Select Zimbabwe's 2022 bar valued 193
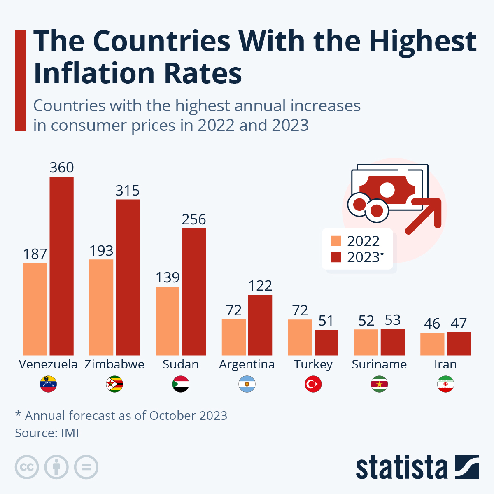(x=101, y=307)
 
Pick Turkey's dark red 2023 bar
(x=326, y=343)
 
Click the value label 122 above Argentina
(x=260, y=286)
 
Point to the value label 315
(x=128, y=191)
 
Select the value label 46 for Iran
(x=432, y=324)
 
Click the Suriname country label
(x=379, y=364)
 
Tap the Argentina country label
(x=247, y=364)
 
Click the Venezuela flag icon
(x=48, y=384)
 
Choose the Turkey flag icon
(x=313, y=384)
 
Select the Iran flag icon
(x=445, y=384)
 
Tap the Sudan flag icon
(x=181, y=384)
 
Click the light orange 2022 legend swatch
(x=336, y=241)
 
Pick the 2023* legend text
(x=365, y=257)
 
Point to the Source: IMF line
(x=49, y=433)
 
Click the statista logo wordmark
(x=401, y=468)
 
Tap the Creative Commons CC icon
(x=27, y=467)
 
